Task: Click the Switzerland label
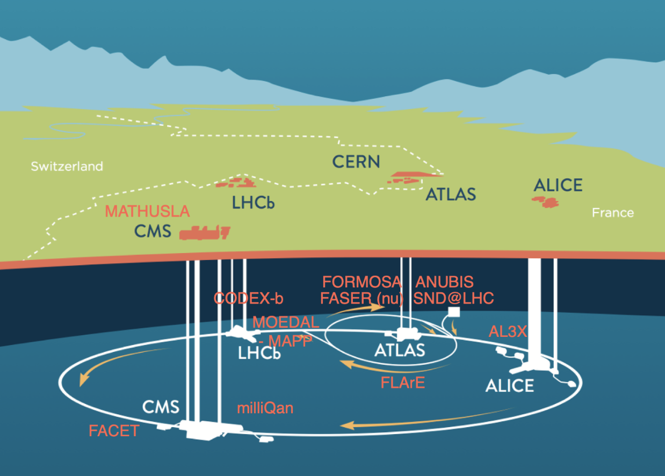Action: coord(67,167)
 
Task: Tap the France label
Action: coord(613,213)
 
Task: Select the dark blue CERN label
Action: coord(356,162)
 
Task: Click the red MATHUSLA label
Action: coord(147,211)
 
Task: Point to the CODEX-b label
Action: coord(248,298)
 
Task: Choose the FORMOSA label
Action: coord(362,282)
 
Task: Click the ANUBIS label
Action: coord(444,282)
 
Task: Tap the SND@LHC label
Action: coord(453,298)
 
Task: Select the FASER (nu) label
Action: coord(362,298)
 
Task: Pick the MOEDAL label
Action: coord(286,322)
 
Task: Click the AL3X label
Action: coord(508,331)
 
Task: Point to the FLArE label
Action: coord(403,383)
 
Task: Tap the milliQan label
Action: coord(265,408)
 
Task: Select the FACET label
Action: coord(114,431)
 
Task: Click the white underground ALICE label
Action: coord(510,386)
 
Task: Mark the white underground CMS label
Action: coord(161,407)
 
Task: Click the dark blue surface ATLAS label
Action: coord(451,194)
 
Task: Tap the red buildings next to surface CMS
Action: coord(205,233)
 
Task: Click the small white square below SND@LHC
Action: coord(454,312)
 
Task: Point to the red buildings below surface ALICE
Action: coord(545,201)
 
